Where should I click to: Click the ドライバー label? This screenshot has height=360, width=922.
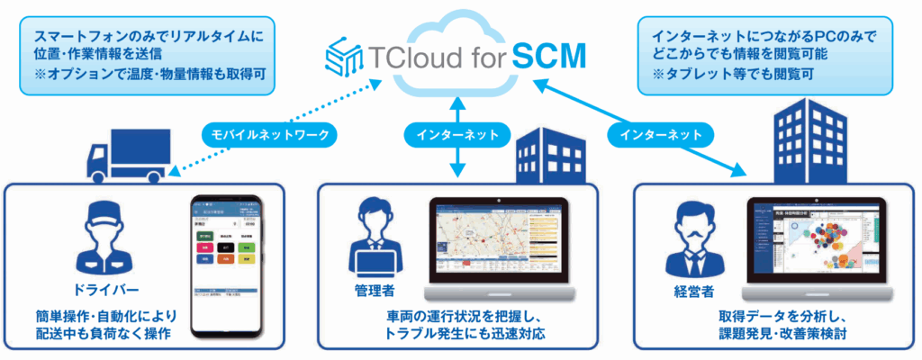[110, 290]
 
